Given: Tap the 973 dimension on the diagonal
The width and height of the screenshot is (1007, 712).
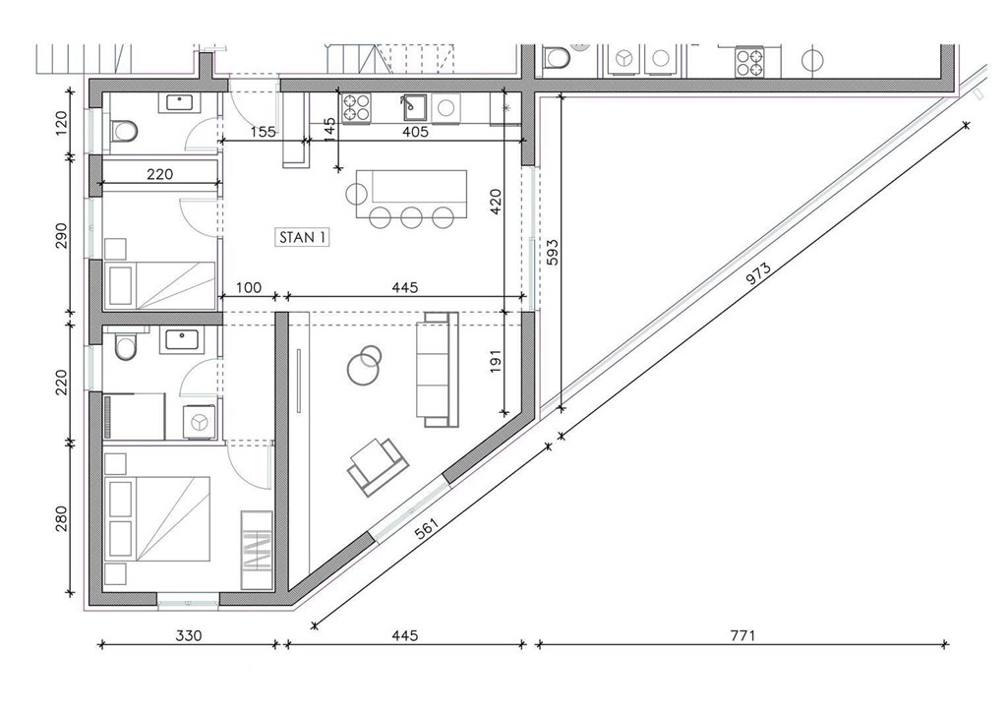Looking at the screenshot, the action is pos(758,274).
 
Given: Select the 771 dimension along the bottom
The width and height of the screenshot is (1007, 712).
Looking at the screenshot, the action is pos(742,635).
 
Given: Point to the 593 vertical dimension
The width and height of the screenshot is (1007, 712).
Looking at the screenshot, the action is pos(553,253).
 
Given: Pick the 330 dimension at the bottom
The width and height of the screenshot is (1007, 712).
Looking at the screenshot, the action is pos(188,635).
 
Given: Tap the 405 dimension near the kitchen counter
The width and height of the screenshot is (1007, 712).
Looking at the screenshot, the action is pos(415,132).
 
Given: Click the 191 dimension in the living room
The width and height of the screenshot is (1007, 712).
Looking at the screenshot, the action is pos(496,361).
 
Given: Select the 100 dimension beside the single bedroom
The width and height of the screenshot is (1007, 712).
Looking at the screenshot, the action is pos(248,287).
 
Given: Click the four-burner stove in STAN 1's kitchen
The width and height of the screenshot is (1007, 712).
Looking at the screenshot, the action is pos(356,108).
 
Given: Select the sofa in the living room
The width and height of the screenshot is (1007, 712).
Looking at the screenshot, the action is pos(438,369).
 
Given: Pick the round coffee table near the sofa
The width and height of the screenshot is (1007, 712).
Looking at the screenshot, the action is pos(364,365).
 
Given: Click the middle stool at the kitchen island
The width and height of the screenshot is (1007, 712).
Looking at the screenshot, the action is pos(411,217).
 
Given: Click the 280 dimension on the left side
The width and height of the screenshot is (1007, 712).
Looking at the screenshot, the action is pos(61,518).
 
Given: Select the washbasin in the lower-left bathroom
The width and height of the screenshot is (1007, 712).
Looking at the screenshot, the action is pos(185,339).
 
